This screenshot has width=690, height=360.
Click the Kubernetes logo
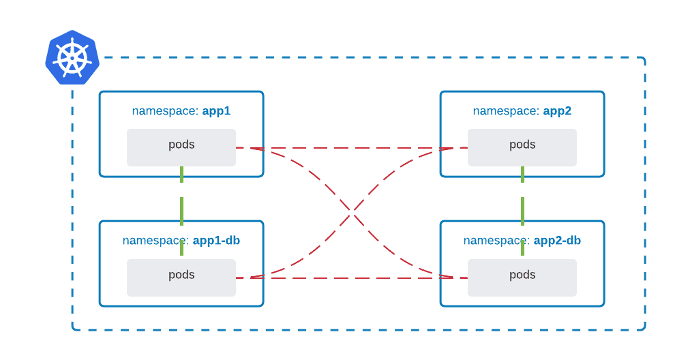(x=72, y=58)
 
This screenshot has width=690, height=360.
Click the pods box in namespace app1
(x=181, y=148)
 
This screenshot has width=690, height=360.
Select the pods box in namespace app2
(x=522, y=148)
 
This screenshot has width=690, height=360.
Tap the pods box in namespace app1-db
(x=181, y=277)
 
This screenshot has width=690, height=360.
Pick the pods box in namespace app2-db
(x=522, y=277)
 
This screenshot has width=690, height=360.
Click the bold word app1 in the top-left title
(x=216, y=110)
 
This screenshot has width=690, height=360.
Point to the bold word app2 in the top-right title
(x=557, y=110)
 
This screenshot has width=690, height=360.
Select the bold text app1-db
(x=216, y=240)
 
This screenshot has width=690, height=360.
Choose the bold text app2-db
(x=557, y=240)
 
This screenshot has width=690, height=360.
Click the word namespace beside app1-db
(x=155, y=240)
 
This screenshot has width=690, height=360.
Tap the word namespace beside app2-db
(x=496, y=240)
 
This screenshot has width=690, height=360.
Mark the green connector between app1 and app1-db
(x=181, y=211)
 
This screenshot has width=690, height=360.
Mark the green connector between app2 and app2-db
(x=522, y=211)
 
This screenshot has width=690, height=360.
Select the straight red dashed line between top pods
(x=352, y=148)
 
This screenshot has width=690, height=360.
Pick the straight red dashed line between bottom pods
(x=352, y=277)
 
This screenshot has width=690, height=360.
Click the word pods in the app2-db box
(x=522, y=275)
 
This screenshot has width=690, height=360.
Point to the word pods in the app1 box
(x=181, y=145)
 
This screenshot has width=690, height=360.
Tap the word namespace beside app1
(x=165, y=110)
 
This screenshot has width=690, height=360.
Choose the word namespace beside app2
(x=506, y=110)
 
